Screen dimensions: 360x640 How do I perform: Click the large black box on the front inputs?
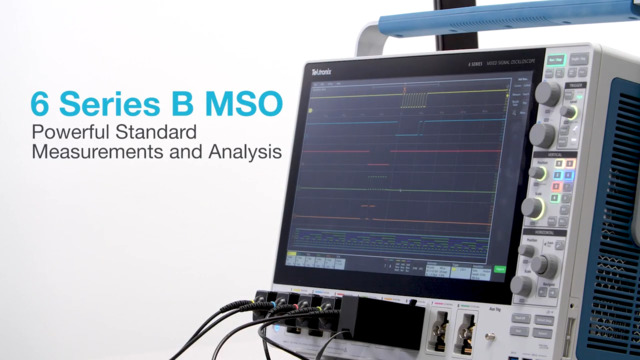click(x=379, y=320)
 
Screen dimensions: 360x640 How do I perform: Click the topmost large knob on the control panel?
click(x=548, y=94)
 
